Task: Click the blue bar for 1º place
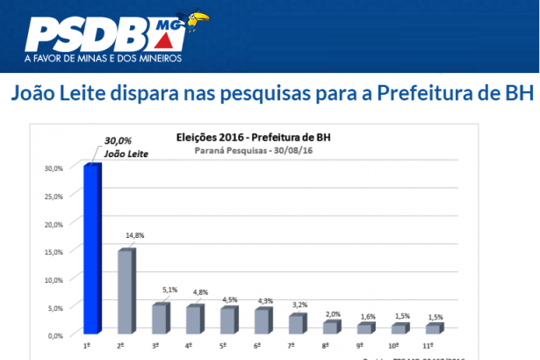(91, 249)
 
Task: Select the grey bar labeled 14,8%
(126, 292)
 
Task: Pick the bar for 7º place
(297, 323)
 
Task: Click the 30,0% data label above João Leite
(119, 140)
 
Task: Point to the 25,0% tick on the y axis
(54, 196)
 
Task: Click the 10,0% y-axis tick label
(54, 279)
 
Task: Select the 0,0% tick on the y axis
(55, 335)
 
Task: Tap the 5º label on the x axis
(224, 347)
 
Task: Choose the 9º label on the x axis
(361, 347)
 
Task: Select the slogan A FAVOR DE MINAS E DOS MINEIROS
(104, 60)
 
